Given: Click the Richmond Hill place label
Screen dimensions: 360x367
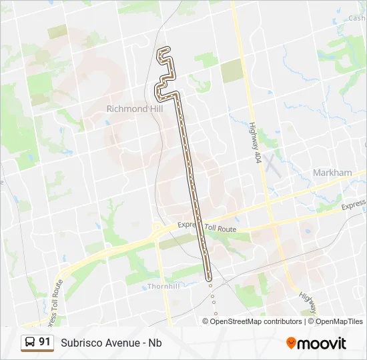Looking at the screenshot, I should click(x=135, y=109).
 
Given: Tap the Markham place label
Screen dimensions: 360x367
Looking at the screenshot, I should click(x=332, y=173).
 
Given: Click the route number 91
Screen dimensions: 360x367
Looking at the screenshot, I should click(x=45, y=342).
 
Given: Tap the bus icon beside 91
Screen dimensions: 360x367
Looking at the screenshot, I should click(x=29, y=343).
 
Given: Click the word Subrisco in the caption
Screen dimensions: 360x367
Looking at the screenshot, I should click(x=82, y=343).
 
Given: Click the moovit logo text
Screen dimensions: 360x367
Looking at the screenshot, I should click(x=322, y=343).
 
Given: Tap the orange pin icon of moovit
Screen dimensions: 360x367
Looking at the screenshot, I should click(x=291, y=343).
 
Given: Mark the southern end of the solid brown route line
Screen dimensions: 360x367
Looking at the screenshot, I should click(x=208, y=279).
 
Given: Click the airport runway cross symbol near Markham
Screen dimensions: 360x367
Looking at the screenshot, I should click(x=270, y=162).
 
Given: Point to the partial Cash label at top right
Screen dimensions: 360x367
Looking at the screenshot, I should click(x=356, y=19).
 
